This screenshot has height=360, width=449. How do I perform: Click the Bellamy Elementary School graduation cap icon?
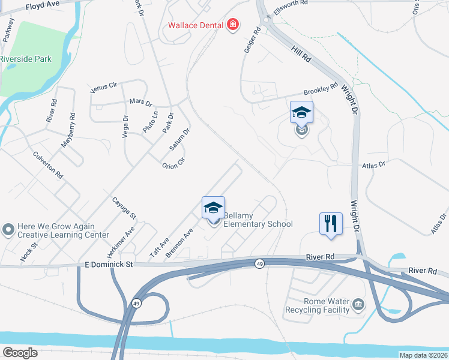[213, 208]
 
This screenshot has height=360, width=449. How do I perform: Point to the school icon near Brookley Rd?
[301, 112]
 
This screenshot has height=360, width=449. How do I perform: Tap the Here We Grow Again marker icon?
[8, 230]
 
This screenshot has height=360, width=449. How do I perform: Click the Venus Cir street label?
[103, 88]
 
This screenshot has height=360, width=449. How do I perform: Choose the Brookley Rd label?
[321, 91]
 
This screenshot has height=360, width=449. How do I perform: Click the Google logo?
[20, 353]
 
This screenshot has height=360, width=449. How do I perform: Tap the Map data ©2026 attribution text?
[423, 355]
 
